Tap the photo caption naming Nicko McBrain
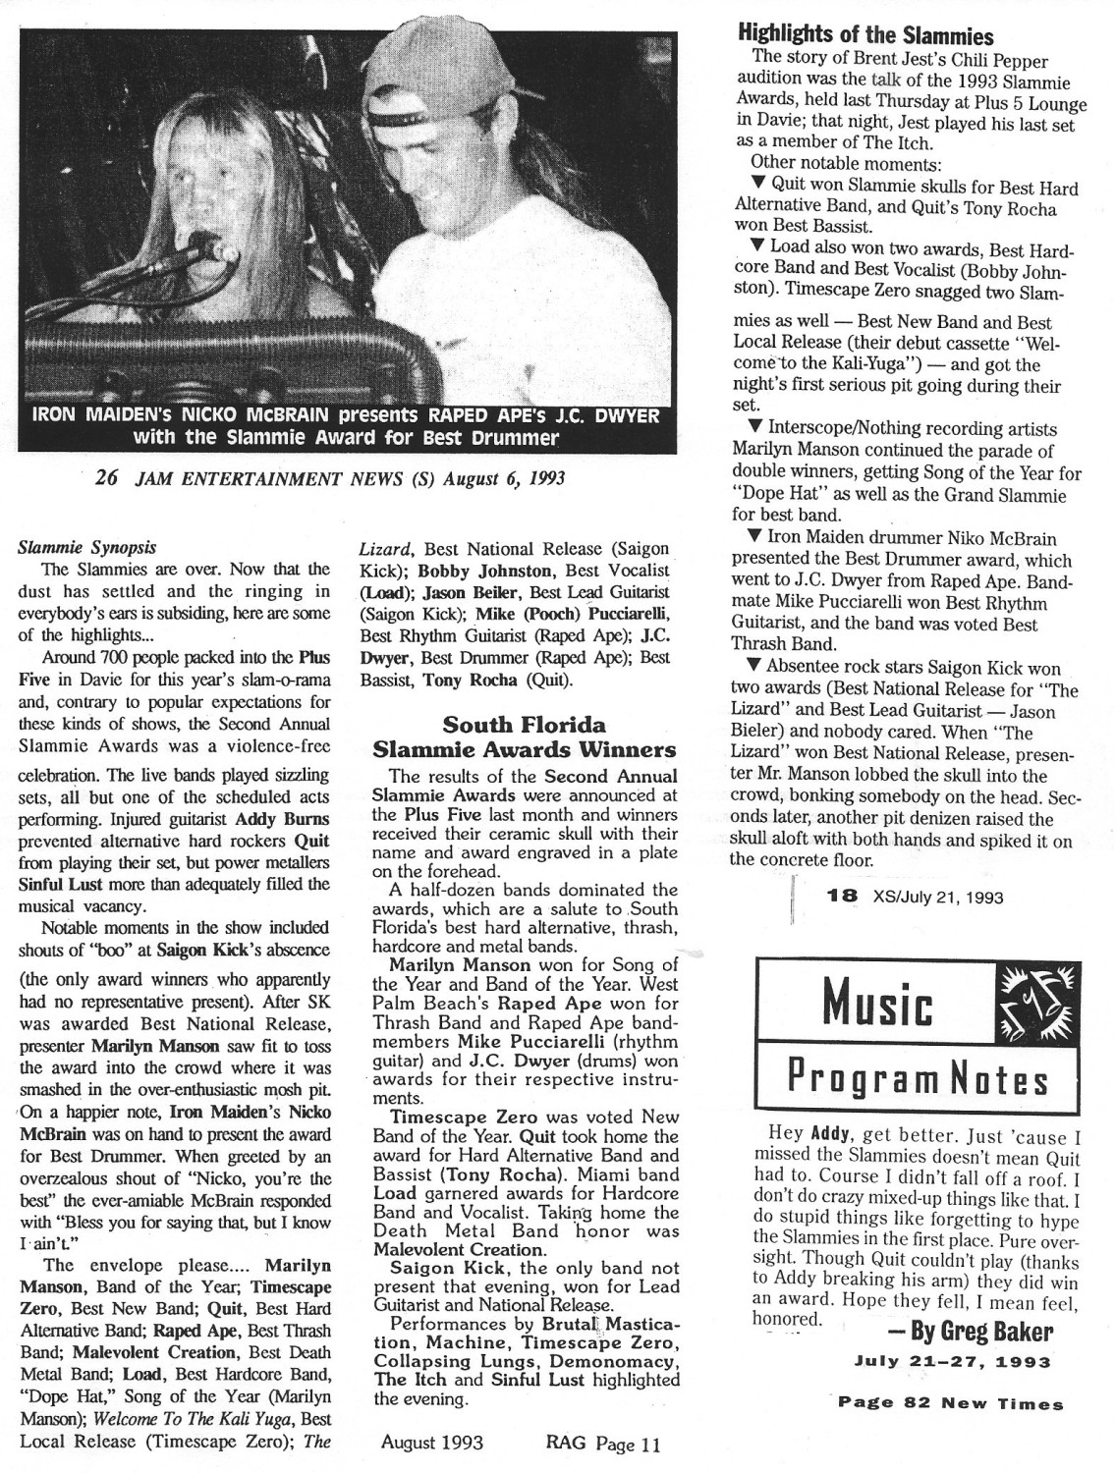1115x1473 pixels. [x=346, y=424]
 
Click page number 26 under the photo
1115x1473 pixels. [x=107, y=479]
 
